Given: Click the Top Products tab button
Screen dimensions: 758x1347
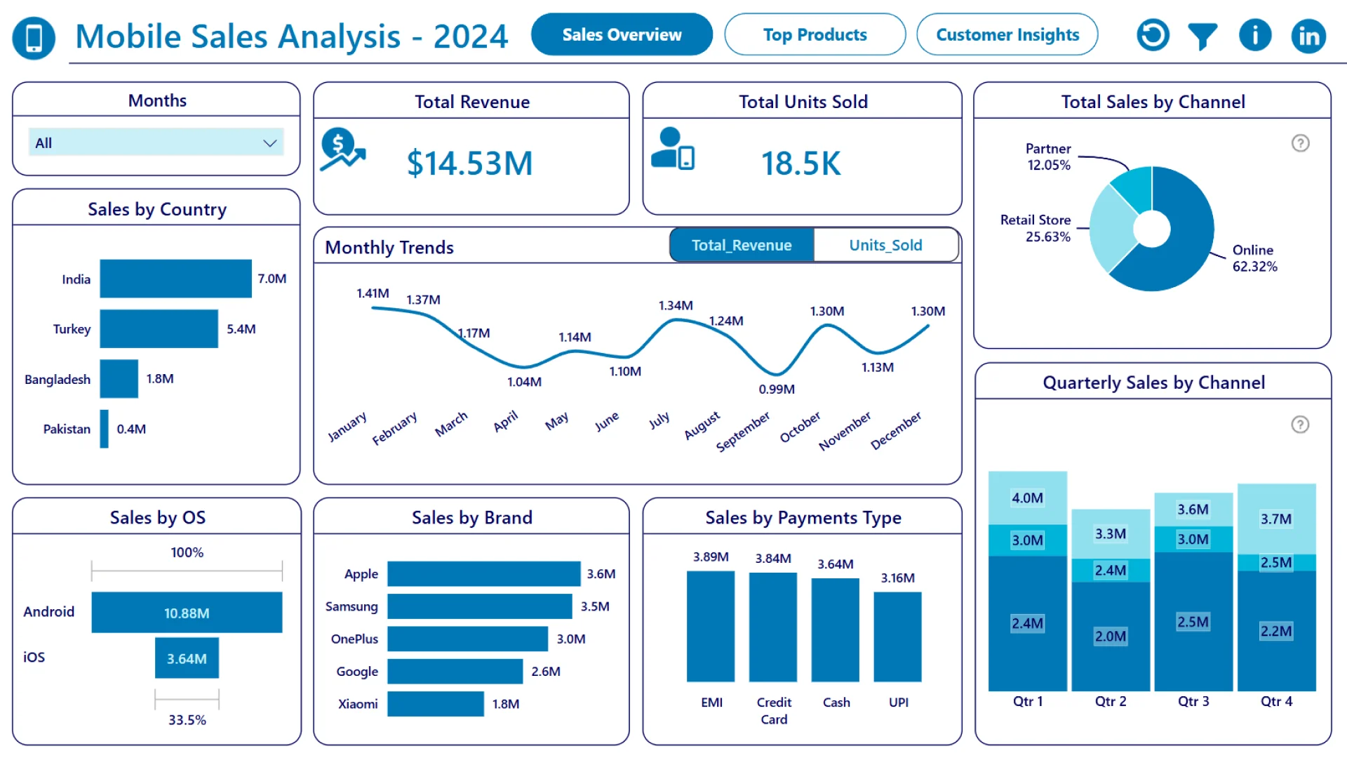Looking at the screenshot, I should tap(815, 34).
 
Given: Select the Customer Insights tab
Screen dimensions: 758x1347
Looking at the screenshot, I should tap(1007, 34).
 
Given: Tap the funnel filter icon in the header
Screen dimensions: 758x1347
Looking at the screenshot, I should tap(1202, 36).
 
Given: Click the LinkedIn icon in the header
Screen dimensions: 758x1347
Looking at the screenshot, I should tap(1308, 36).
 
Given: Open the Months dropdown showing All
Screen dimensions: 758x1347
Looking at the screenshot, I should tap(156, 142).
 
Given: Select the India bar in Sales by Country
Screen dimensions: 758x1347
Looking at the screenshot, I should tap(175, 279).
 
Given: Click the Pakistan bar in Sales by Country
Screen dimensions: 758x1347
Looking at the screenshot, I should tap(104, 429).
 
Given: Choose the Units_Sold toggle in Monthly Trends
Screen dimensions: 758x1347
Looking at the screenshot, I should tap(885, 245).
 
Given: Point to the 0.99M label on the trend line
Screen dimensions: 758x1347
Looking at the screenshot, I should tap(777, 390).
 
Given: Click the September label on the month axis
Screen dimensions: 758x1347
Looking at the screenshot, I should tap(743, 431).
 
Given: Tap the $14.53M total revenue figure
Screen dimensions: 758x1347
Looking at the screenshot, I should tap(469, 164).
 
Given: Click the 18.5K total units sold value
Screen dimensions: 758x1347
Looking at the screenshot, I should tap(800, 164).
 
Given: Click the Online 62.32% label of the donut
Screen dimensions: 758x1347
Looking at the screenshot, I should tap(1254, 258).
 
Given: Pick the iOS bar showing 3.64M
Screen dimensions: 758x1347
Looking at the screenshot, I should tap(187, 658).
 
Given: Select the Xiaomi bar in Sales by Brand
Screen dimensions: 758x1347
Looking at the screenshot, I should tap(435, 704).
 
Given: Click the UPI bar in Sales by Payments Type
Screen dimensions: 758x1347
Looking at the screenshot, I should tap(897, 637).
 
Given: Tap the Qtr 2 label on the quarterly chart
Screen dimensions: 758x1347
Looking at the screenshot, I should tap(1111, 701).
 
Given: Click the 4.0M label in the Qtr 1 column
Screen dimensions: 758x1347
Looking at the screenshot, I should tap(1027, 498).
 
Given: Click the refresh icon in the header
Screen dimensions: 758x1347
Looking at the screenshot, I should tap(1153, 35).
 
